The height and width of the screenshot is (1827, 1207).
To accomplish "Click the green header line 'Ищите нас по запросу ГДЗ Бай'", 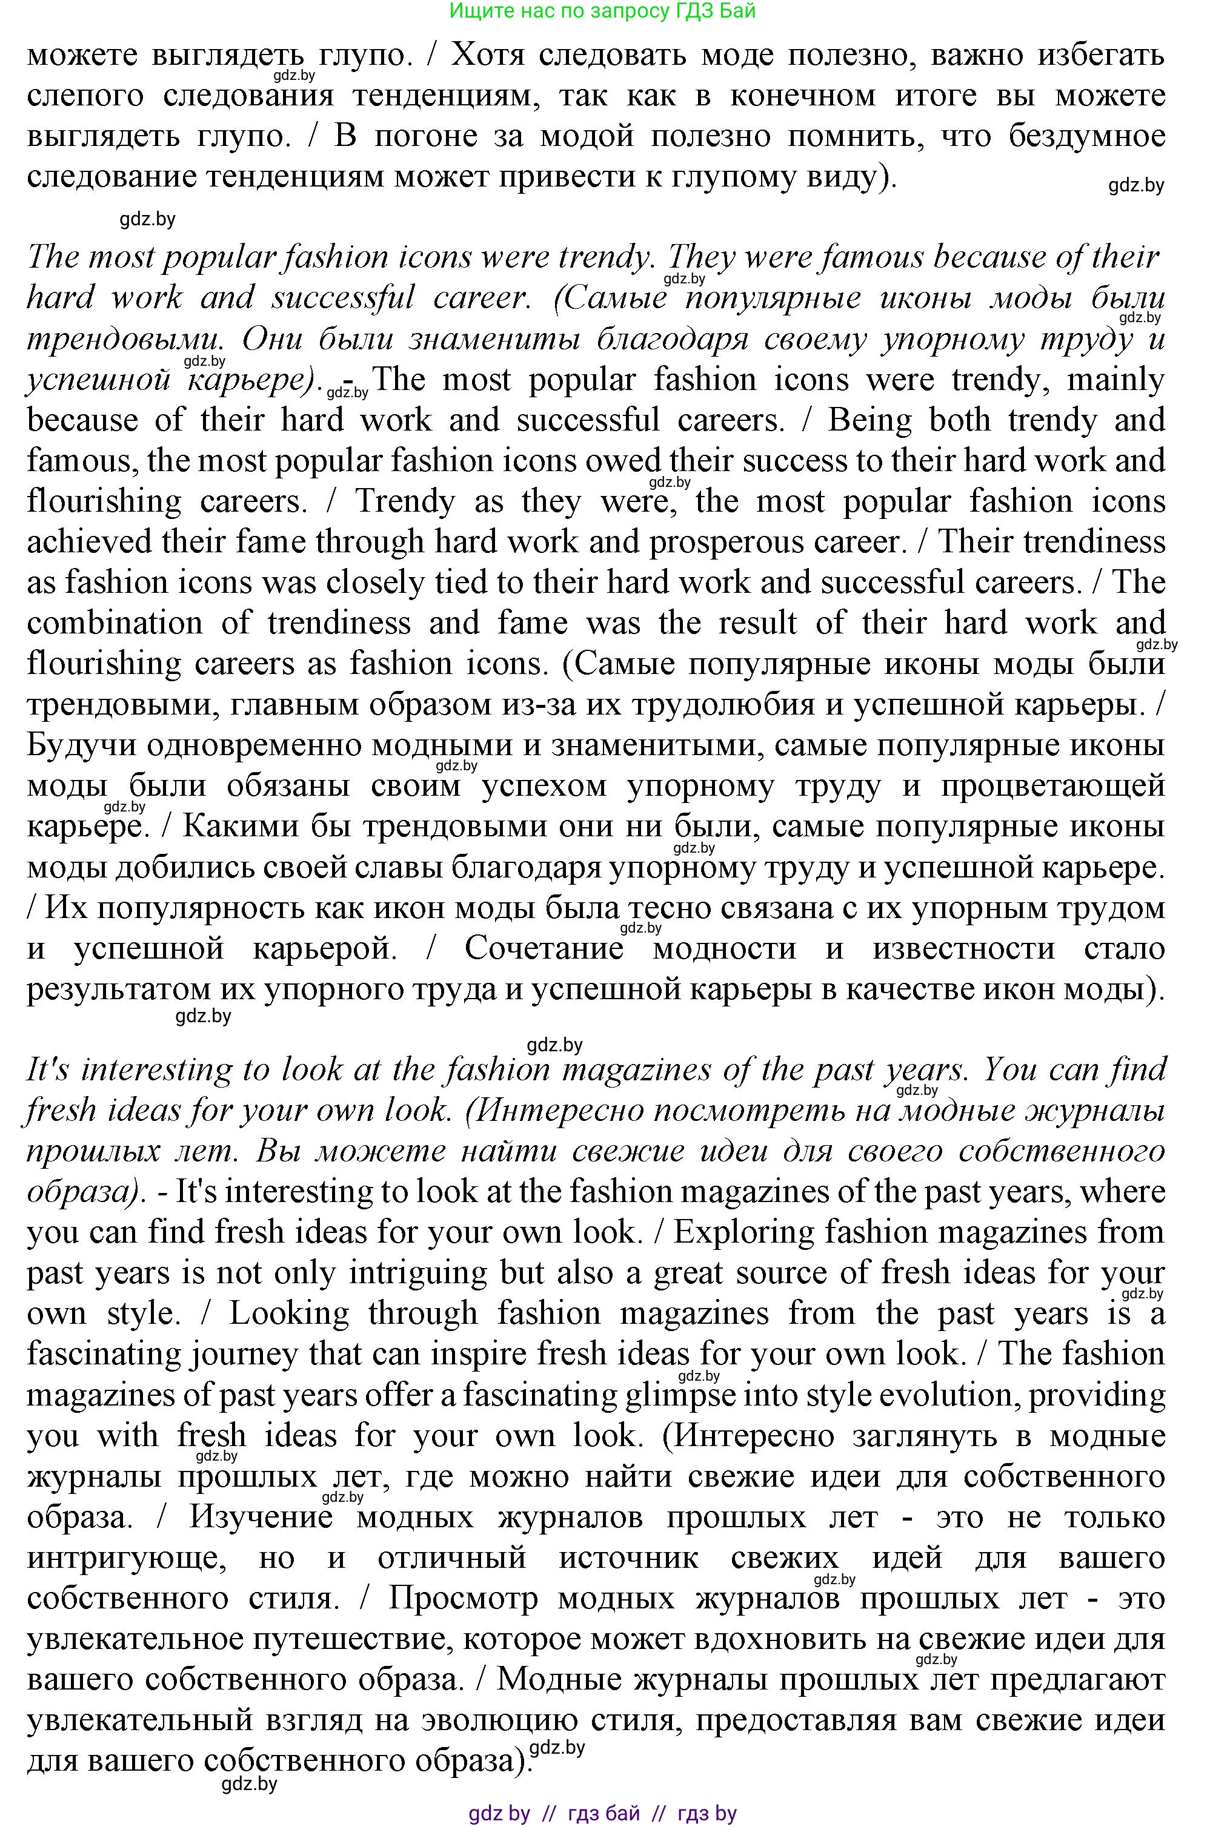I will [603, 11].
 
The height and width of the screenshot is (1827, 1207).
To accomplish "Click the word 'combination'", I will [115, 623].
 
